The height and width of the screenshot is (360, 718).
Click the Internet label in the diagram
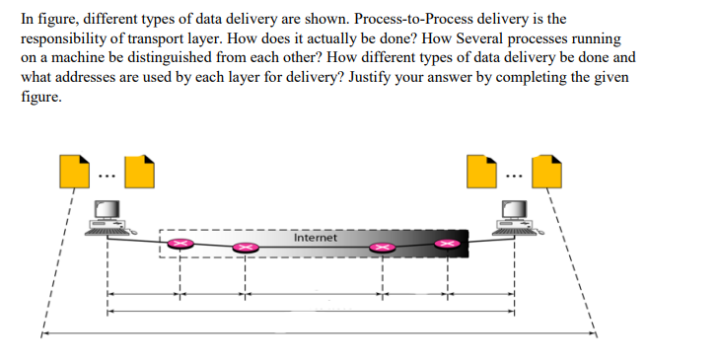315,238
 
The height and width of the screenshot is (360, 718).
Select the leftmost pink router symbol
179,243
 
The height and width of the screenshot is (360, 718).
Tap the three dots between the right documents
512,179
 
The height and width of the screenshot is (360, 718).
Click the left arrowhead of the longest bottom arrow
43,333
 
